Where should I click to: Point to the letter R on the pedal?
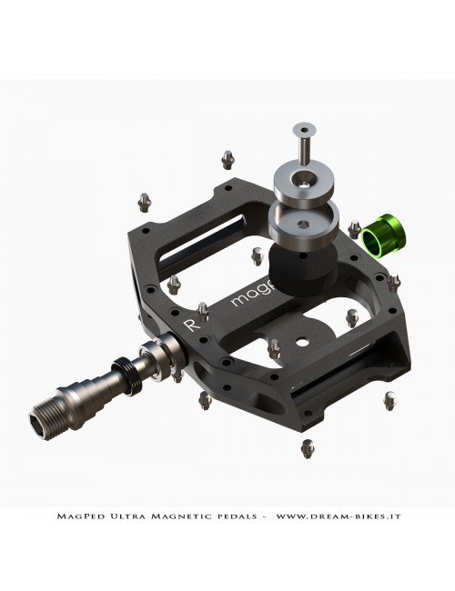click(x=190, y=325)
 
